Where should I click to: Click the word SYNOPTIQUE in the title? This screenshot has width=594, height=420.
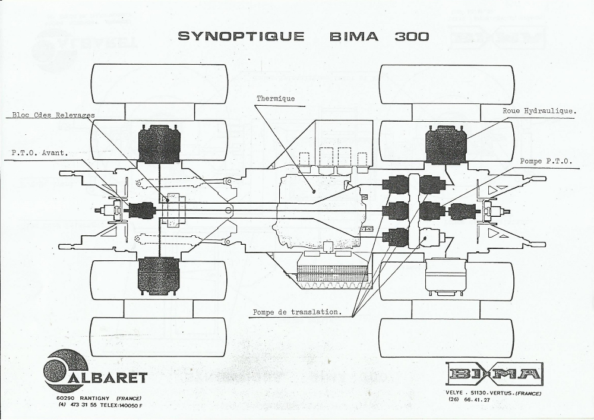coord(241,36)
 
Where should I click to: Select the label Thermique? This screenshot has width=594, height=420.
coord(276,99)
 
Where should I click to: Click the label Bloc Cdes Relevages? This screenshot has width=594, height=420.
coord(53,115)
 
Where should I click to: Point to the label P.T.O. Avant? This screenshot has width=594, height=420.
coord(40,152)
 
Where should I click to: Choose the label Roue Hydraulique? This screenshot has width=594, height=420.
coord(538,111)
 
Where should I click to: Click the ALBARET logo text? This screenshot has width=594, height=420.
coord(118,377)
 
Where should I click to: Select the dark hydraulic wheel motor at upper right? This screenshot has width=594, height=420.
coord(446,144)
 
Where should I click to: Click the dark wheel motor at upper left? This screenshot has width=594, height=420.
coord(159,144)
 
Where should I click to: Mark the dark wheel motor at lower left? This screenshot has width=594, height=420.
coord(159,276)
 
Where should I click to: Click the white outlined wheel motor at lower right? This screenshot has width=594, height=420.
coord(446,277)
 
